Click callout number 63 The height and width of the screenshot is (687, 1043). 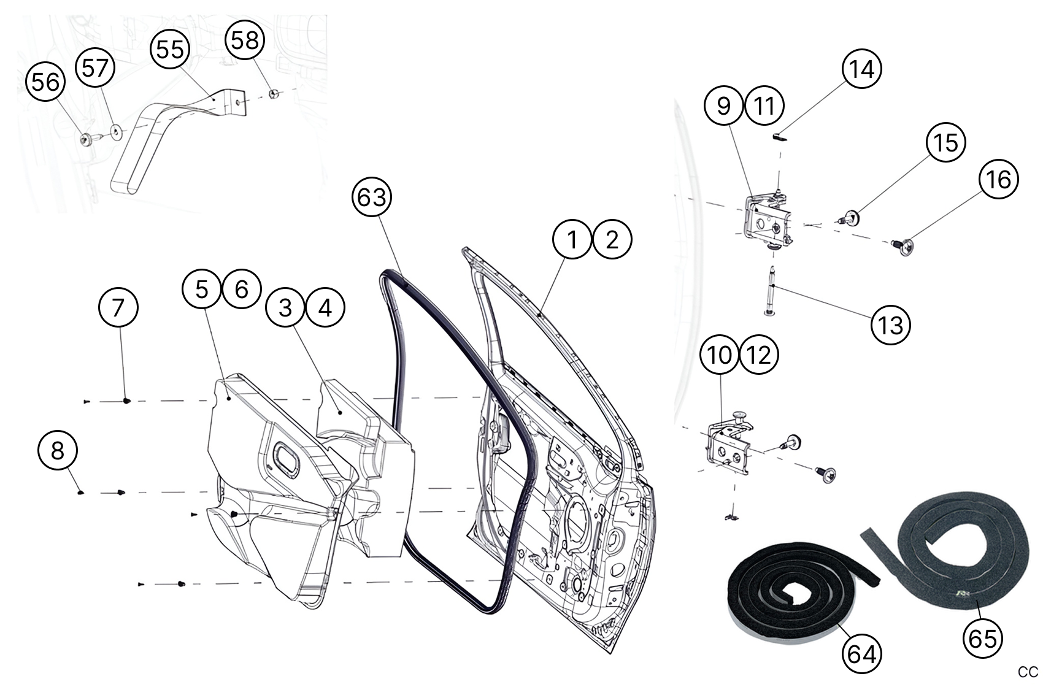point(372,197)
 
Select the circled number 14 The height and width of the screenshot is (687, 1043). point(861,69)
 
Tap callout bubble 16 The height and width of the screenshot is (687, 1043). point(998,179)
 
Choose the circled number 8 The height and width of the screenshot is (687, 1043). point(57,451)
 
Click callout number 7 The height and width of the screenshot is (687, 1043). point(118,307)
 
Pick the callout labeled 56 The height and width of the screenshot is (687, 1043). point(45,82)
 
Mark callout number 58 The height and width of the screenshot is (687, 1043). point(245,40)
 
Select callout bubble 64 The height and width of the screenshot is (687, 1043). point(861,654)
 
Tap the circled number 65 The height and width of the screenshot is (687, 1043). point(982,638)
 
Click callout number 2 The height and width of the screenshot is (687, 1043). point(612,239)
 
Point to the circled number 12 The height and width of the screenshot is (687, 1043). point(760,355)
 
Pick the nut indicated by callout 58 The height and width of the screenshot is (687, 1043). point(274,93)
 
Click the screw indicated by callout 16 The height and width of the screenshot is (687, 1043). point(902,246)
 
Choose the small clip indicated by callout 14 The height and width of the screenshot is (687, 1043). point(779,136)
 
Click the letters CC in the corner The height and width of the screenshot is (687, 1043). point(1028,672)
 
